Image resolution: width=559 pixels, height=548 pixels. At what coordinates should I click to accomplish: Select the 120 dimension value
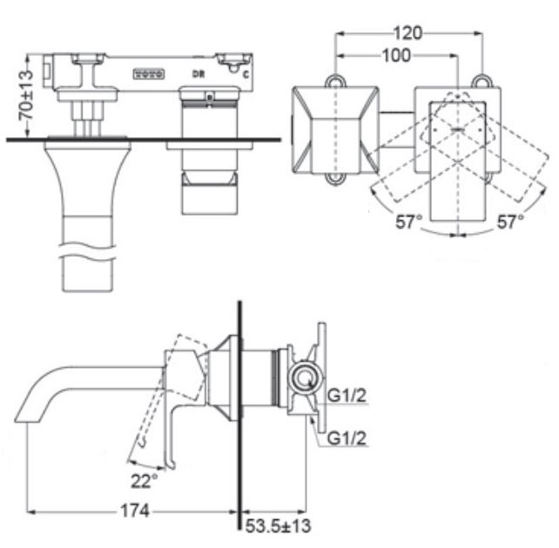pyautogui.click(x=407, y=34)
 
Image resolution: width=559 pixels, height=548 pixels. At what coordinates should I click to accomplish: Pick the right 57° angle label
pyautogui.click(x=510, y=221)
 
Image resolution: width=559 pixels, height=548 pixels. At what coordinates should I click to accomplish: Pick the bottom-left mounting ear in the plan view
pyautogui.click(x=333, y=179)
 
